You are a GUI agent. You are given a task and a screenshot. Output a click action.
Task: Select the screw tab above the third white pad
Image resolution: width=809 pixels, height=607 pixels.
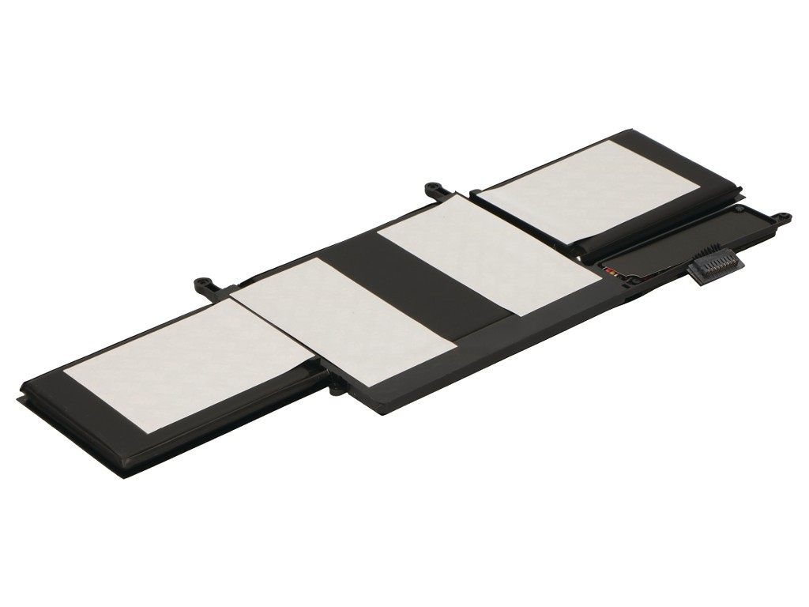pos(432,189)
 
